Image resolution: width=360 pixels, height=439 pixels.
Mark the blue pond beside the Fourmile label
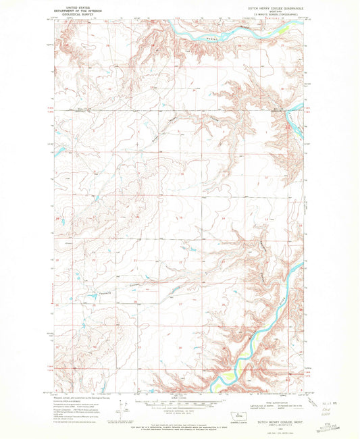pos(88,296)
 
